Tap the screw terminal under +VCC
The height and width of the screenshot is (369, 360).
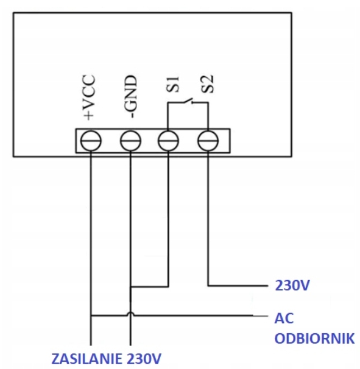[91, 141]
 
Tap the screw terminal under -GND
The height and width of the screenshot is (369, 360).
[130, 141]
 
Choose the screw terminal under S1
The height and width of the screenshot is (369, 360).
[167, 141]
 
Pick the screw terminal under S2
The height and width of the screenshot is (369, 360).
[208, 141]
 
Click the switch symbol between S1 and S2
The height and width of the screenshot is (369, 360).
[188, 102]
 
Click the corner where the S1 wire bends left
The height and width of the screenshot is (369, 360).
[167, 287]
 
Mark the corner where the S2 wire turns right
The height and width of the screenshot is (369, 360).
[208, 286]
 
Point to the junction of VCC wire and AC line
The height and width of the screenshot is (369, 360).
[91, 315]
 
